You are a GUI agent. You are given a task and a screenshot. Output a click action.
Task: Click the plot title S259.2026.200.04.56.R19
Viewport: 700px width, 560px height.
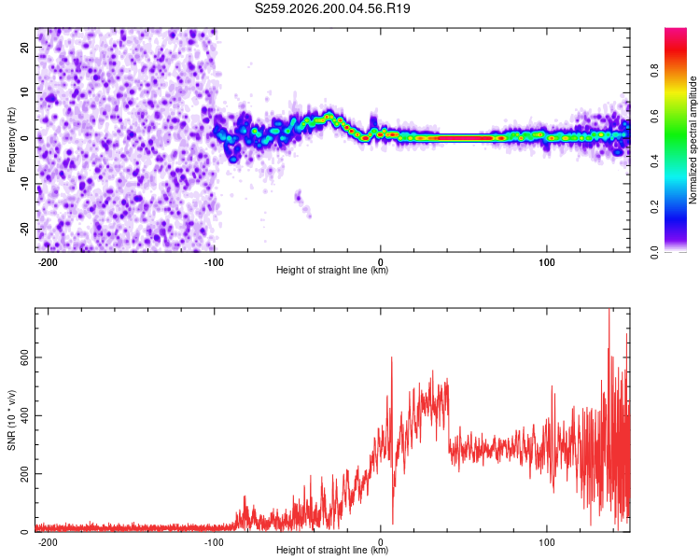332,8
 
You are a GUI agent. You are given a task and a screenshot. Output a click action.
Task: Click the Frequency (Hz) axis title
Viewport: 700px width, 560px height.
11,140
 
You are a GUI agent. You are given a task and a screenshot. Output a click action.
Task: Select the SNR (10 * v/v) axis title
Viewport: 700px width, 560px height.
11,420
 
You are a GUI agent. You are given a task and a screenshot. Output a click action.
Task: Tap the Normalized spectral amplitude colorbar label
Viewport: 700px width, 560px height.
693,140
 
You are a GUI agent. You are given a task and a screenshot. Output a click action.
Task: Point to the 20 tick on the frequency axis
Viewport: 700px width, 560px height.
24,48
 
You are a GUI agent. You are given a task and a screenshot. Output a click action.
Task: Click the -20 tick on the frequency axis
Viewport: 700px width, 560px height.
24,230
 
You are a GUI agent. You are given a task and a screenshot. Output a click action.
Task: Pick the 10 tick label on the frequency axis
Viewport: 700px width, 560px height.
24,92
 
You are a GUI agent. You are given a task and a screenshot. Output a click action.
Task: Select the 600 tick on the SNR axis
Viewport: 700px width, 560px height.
24,357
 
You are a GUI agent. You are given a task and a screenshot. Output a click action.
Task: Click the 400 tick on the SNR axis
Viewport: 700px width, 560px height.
24,415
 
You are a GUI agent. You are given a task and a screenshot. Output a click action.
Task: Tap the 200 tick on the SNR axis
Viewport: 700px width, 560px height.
24,474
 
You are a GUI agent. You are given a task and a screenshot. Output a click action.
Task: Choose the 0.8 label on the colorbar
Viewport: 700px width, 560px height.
654,71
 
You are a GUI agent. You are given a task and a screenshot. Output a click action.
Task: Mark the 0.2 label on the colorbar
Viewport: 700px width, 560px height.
654,207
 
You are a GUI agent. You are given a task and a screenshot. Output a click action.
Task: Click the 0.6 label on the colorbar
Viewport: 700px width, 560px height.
654,116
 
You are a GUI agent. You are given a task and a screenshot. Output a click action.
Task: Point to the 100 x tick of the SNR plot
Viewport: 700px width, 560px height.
546,542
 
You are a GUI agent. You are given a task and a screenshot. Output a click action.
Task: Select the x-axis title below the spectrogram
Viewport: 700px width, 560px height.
332,270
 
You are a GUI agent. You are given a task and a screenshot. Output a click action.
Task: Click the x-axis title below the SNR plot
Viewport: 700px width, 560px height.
332,550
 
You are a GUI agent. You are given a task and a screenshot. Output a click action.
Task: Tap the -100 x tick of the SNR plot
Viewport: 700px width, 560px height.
214,542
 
